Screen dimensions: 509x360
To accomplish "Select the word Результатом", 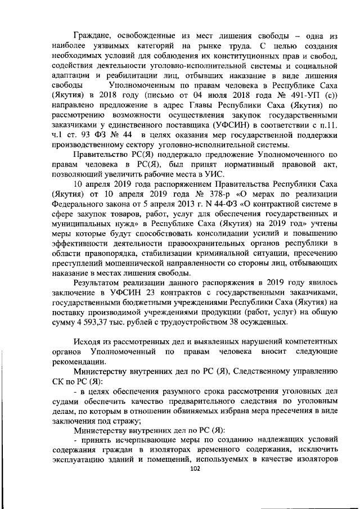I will point(99,282).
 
